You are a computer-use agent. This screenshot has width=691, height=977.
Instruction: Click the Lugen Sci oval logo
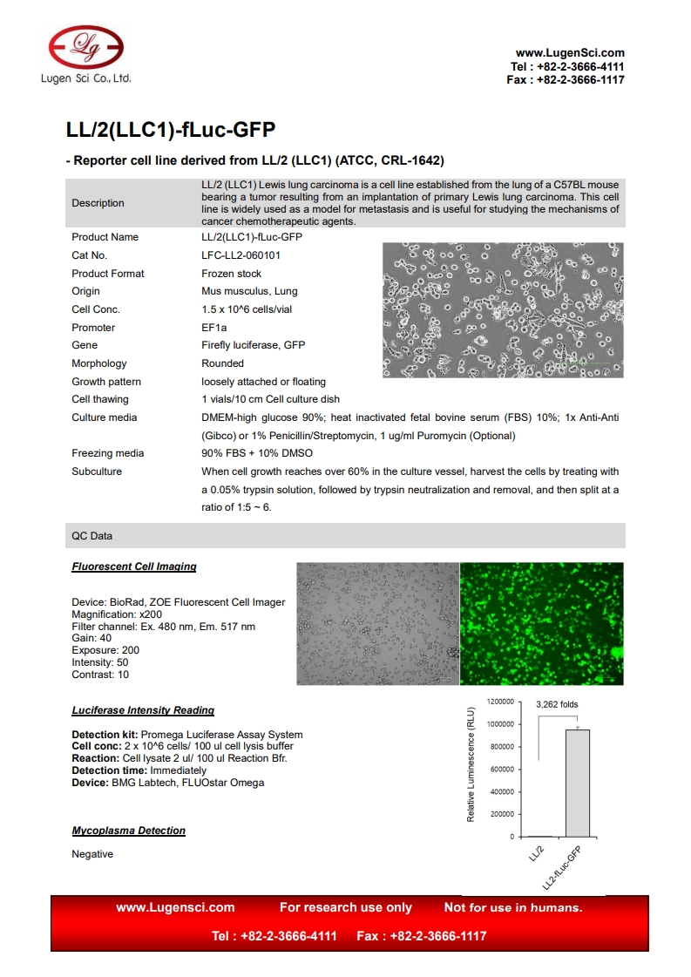pos(86,45)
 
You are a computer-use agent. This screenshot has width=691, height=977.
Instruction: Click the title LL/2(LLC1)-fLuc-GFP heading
pos(171,131)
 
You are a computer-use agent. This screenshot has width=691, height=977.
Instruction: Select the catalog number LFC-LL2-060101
pos(242,255)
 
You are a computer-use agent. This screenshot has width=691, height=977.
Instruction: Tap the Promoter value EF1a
pos(213,328)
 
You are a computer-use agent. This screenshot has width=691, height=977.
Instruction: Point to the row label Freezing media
pos(108,453)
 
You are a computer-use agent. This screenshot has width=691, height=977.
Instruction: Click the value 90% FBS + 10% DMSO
pos(257,453)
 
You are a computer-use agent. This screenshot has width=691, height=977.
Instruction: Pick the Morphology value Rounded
pos(223,363)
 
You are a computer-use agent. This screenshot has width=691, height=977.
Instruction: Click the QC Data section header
pos(91,536)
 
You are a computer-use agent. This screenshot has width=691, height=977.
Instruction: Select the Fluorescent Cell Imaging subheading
pos(134,567)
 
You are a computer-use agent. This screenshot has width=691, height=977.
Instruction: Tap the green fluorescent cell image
pos(541,623)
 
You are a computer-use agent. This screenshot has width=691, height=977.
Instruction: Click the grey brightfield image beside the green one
pos(377,623)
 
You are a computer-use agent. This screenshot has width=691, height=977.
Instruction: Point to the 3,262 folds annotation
pos(557,704)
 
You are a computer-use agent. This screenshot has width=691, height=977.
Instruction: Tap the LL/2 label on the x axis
pos(536,855)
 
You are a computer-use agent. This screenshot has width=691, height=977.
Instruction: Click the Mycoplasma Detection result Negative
pos(92,854)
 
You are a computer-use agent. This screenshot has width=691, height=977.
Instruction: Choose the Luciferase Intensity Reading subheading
pos(143,710)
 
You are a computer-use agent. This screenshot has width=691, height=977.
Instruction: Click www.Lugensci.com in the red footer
pos(175,907)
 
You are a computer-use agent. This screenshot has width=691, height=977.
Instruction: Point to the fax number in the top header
pos(566,80)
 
